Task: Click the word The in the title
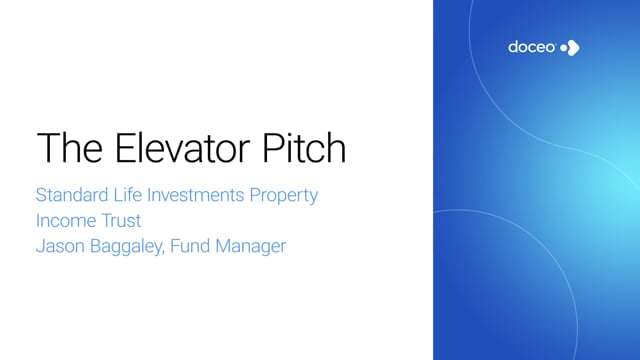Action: pos(70,147)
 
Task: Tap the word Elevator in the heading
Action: pos(182,147)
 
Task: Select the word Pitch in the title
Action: pos(304,147)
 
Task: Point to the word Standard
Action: pos(72,195)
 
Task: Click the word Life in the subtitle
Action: pos(127,195)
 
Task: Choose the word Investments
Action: pos(196,195)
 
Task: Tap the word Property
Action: pos(284,196)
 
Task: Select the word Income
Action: pos(65,220)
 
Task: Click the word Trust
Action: pos(121,220)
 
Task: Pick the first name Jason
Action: pos(60,246)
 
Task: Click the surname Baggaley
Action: pos(126,247)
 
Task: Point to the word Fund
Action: pos(189,246)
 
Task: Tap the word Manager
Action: pos(251,247)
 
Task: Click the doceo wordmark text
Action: pos(532,47)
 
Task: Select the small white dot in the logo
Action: pos(564,48)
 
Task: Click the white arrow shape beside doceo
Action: pos(573,48)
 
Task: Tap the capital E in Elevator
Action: pos(124,147)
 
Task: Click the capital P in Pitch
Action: pos(273,147)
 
